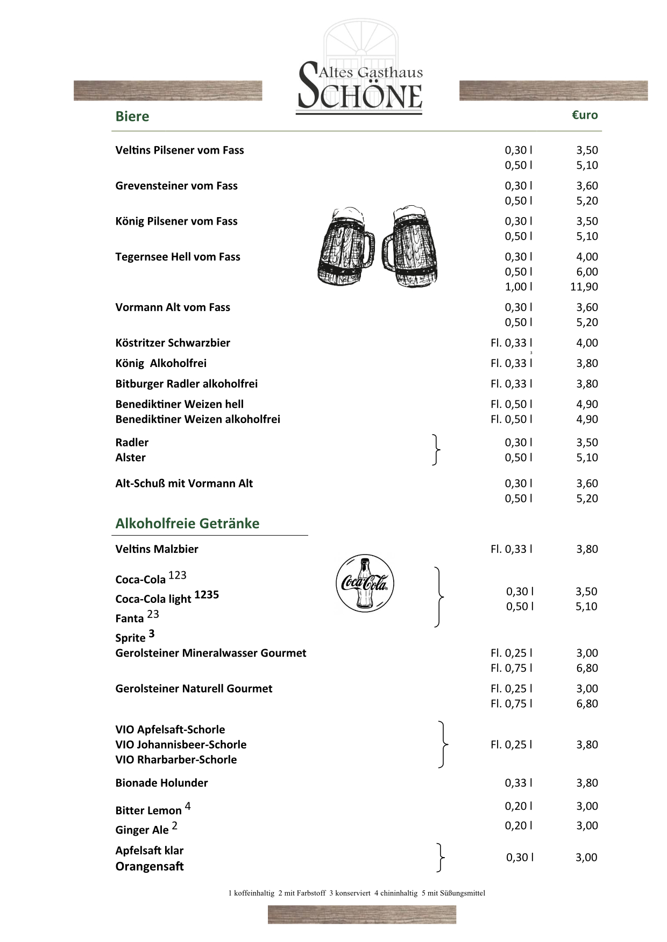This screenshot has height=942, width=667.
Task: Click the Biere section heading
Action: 132,117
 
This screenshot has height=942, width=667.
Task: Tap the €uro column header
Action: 585,115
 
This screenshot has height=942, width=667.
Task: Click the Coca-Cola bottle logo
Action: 365,584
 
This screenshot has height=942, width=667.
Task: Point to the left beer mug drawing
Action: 345,246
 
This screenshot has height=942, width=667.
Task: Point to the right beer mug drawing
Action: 407,246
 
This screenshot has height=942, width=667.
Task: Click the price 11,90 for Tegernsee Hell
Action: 584,287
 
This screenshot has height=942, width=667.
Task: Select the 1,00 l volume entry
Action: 519,287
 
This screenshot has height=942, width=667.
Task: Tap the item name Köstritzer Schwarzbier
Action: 173,343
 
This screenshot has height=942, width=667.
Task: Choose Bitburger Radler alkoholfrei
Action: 186,384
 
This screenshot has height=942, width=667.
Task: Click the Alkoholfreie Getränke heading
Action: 187,523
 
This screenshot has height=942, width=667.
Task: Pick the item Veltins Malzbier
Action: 157,549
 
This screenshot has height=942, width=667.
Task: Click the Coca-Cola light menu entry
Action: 153,599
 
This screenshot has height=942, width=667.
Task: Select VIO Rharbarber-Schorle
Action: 176,760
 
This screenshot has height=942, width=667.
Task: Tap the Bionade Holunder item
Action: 161,783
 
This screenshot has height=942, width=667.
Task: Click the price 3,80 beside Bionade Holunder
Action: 587,783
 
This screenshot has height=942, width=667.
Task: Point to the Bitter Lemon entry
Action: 148,810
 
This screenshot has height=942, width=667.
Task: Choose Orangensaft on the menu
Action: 150,866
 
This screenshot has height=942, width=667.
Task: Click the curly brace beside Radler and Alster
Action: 437,450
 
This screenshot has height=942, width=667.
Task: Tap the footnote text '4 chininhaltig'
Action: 396,894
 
